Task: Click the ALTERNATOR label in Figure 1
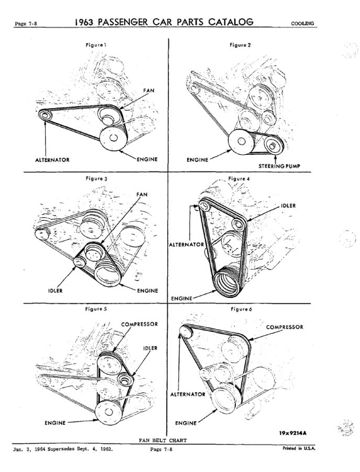click(52, 160)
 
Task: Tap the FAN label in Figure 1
click(149, 90)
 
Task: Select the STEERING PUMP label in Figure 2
click(279, 166)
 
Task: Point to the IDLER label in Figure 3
click(56, 291)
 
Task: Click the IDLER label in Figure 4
click(288, 206)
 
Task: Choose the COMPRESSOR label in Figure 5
click(139, 324)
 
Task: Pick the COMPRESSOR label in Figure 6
click(285, 327)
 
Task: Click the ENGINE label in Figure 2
click(198, 160)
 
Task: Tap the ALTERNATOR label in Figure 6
click(188, 394)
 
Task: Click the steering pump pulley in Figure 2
click(273, 146)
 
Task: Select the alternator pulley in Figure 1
click(45, 115)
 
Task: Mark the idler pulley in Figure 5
click(125, 379)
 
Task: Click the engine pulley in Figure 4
click(229, 282)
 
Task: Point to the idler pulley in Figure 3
click(80, 263)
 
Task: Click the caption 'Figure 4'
click(239, 179)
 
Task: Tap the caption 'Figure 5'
click(96, 309)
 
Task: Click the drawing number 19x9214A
click(292, 433)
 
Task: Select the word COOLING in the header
click(302, 24)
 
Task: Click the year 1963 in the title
click(84, 22)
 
